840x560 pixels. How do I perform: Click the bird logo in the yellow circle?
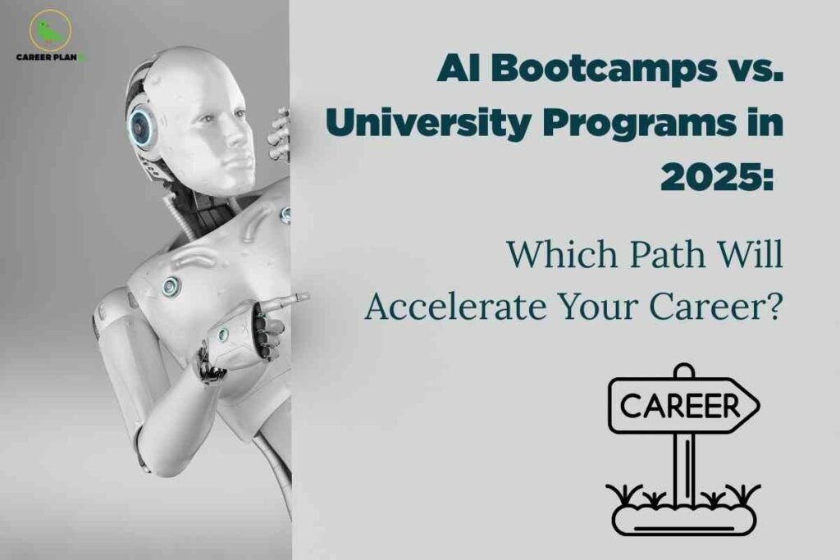coord(50,30)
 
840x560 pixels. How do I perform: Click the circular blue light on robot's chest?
coord(171,286)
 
